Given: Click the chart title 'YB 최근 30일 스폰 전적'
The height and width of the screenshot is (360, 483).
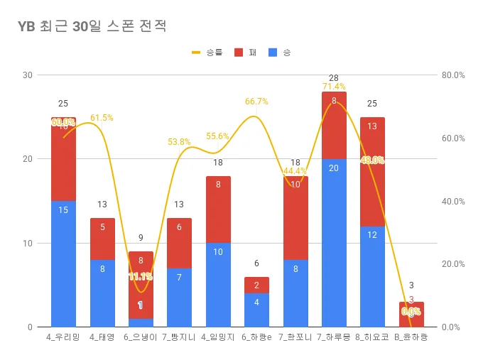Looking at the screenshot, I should [92, 26].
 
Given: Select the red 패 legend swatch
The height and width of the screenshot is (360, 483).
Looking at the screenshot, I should [238, 53].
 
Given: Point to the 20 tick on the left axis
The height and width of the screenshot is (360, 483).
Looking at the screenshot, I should [28, 159].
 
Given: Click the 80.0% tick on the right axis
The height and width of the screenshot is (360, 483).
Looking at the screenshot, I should [452, 75].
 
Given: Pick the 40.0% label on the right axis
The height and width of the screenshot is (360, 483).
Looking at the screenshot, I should [452, 201].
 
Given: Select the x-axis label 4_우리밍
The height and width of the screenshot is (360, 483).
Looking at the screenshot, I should [63, 337].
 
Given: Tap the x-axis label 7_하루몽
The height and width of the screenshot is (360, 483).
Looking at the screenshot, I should [333, 337].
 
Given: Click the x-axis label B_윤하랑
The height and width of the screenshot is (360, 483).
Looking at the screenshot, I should [411, 337].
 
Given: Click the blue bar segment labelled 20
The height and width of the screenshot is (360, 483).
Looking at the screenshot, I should [334, 243].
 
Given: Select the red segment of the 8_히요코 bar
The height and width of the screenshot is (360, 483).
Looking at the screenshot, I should [372, 172].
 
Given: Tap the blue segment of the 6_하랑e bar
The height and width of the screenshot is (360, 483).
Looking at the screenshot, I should [256, 310].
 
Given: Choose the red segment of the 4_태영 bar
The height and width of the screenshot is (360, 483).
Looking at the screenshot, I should [102, 239].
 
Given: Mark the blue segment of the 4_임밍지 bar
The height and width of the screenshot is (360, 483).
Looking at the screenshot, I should [218, 285].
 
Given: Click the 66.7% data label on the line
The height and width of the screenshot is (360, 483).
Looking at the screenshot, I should [256, 102].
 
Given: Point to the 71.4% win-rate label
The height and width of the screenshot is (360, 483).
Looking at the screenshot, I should [334, 87].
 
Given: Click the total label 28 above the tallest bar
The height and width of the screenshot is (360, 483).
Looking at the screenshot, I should [334, 77].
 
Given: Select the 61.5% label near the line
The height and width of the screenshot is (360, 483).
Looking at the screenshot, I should [102, 118].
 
